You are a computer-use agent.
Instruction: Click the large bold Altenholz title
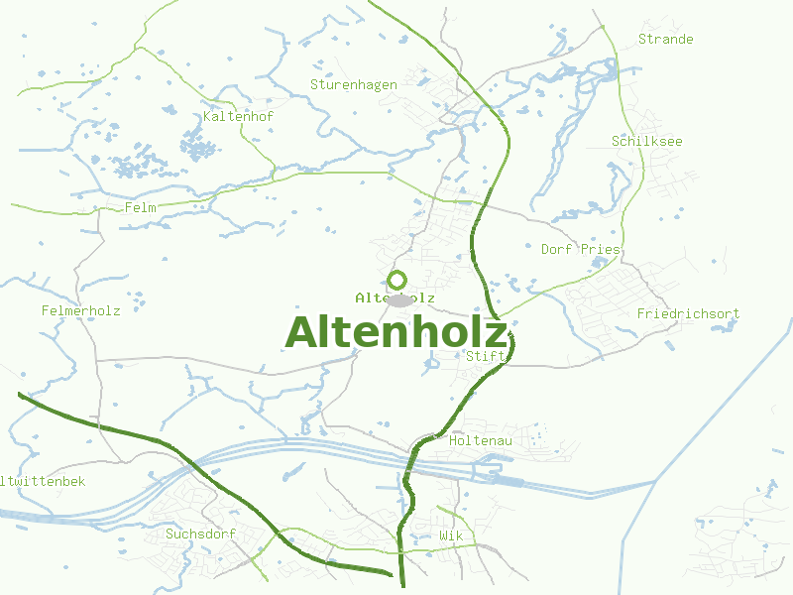[x=396, y=332]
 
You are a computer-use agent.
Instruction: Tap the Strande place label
[x=665, y=39]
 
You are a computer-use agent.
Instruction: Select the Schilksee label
[x=646, y=141]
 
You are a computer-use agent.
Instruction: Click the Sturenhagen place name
[x=353, y=84]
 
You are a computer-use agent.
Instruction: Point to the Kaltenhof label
[x=238, y=116]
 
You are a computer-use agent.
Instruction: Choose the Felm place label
[x=141, y=207]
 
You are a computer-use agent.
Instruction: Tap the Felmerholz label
[x=80, y=310]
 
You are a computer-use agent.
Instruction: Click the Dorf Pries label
[x=580, y=249]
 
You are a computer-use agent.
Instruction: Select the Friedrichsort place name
[x=688, y=313]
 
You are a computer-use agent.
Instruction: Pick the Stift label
[x=493, y=356]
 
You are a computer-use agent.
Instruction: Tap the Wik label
[x=451, y=535]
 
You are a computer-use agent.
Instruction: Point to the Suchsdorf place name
[x=200, y=534]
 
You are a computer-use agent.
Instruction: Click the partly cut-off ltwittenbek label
[x=44, y=481]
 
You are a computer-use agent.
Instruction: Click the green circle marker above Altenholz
[x=397, y=280]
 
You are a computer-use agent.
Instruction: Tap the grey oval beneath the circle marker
[x=398, y=299]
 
